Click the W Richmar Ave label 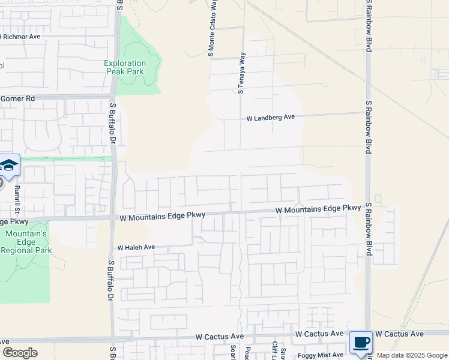point(21,37)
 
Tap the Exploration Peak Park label point(125,67)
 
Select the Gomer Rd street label point(18,98)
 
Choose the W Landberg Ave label point(271,118)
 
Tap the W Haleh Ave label point(136,247)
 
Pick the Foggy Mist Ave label point(321,355)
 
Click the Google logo point(20,353)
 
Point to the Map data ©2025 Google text point(411,355)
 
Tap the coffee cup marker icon point(361,343)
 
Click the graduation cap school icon point(9,166)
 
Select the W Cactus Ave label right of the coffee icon point(399,334)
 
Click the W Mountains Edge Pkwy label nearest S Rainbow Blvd point(318,209)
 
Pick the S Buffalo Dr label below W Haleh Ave point(111,280)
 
